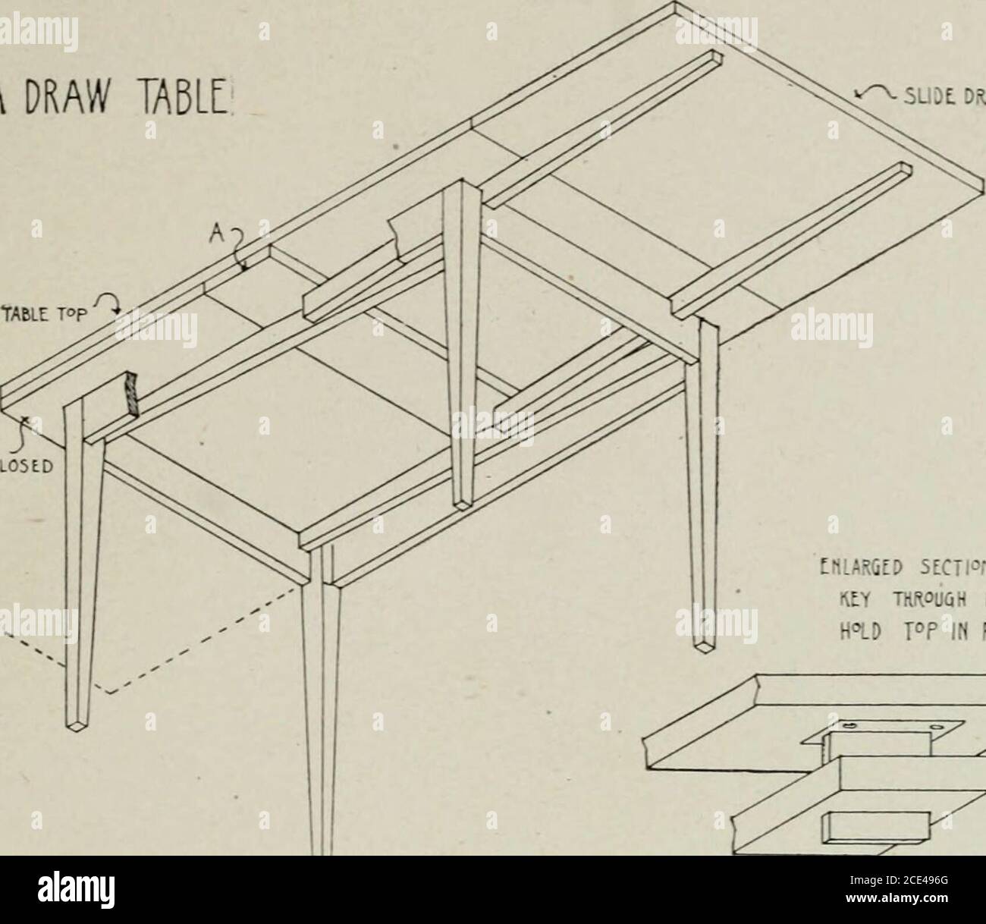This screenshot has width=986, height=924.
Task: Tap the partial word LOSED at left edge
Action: pos(21,467)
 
